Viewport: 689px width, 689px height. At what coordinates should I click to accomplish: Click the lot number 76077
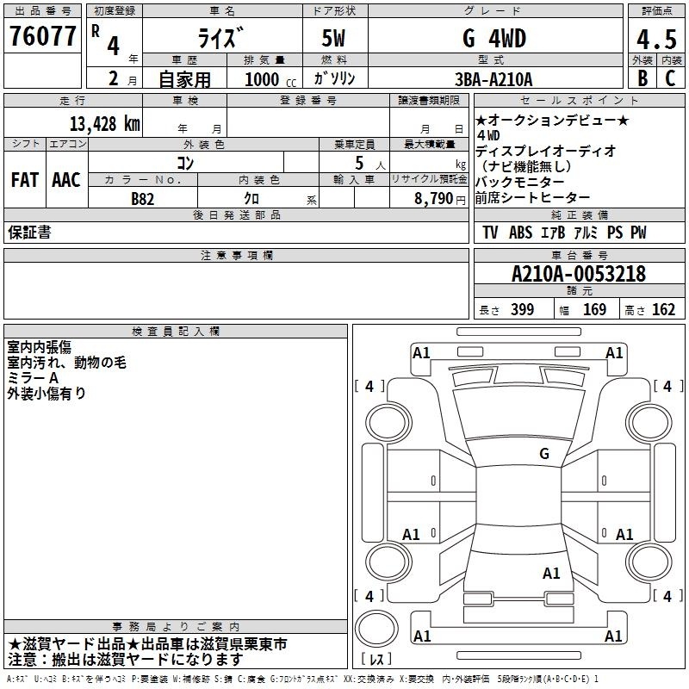coord(42,35)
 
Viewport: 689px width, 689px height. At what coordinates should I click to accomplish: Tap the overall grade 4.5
coord(656,39)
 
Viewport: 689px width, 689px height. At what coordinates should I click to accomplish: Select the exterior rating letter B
coord(642,78)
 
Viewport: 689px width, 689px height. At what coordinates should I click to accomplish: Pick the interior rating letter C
coord(670,78)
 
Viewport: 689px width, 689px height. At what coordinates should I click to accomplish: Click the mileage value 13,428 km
coord(104,124)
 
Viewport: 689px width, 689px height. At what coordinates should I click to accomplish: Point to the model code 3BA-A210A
coord(493,79)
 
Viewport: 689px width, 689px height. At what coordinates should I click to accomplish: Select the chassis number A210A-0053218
coord(579,274)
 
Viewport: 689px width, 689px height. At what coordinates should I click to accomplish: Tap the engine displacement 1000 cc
coord(270,79)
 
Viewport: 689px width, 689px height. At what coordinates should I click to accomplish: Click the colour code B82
coord(142,199)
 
